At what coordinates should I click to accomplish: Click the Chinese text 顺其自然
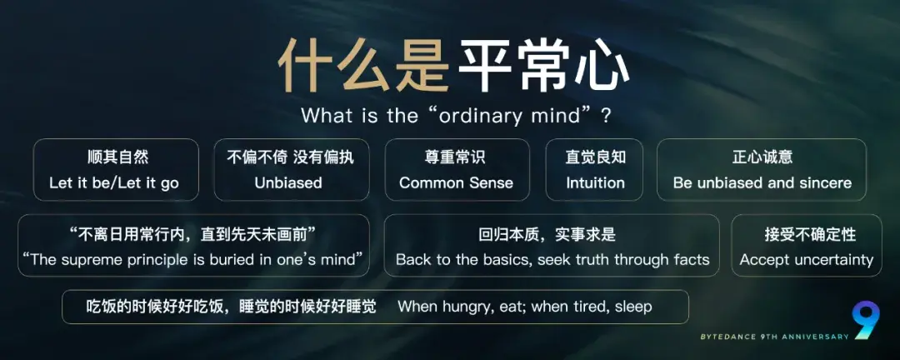[117, 157]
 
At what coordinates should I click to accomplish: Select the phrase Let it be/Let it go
[114, 182]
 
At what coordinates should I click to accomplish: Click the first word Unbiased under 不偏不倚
[288, 182]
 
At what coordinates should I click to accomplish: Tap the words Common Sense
[456, 182]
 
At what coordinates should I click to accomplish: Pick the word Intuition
[595, 182]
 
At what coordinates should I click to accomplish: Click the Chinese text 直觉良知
[595, 157]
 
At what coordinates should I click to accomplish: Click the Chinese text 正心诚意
[762, 157]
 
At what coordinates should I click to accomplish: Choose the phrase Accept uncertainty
[806, 259]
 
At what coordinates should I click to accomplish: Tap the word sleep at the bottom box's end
[633, 307]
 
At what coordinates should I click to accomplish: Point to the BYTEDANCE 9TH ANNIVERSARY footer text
[775, 337]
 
